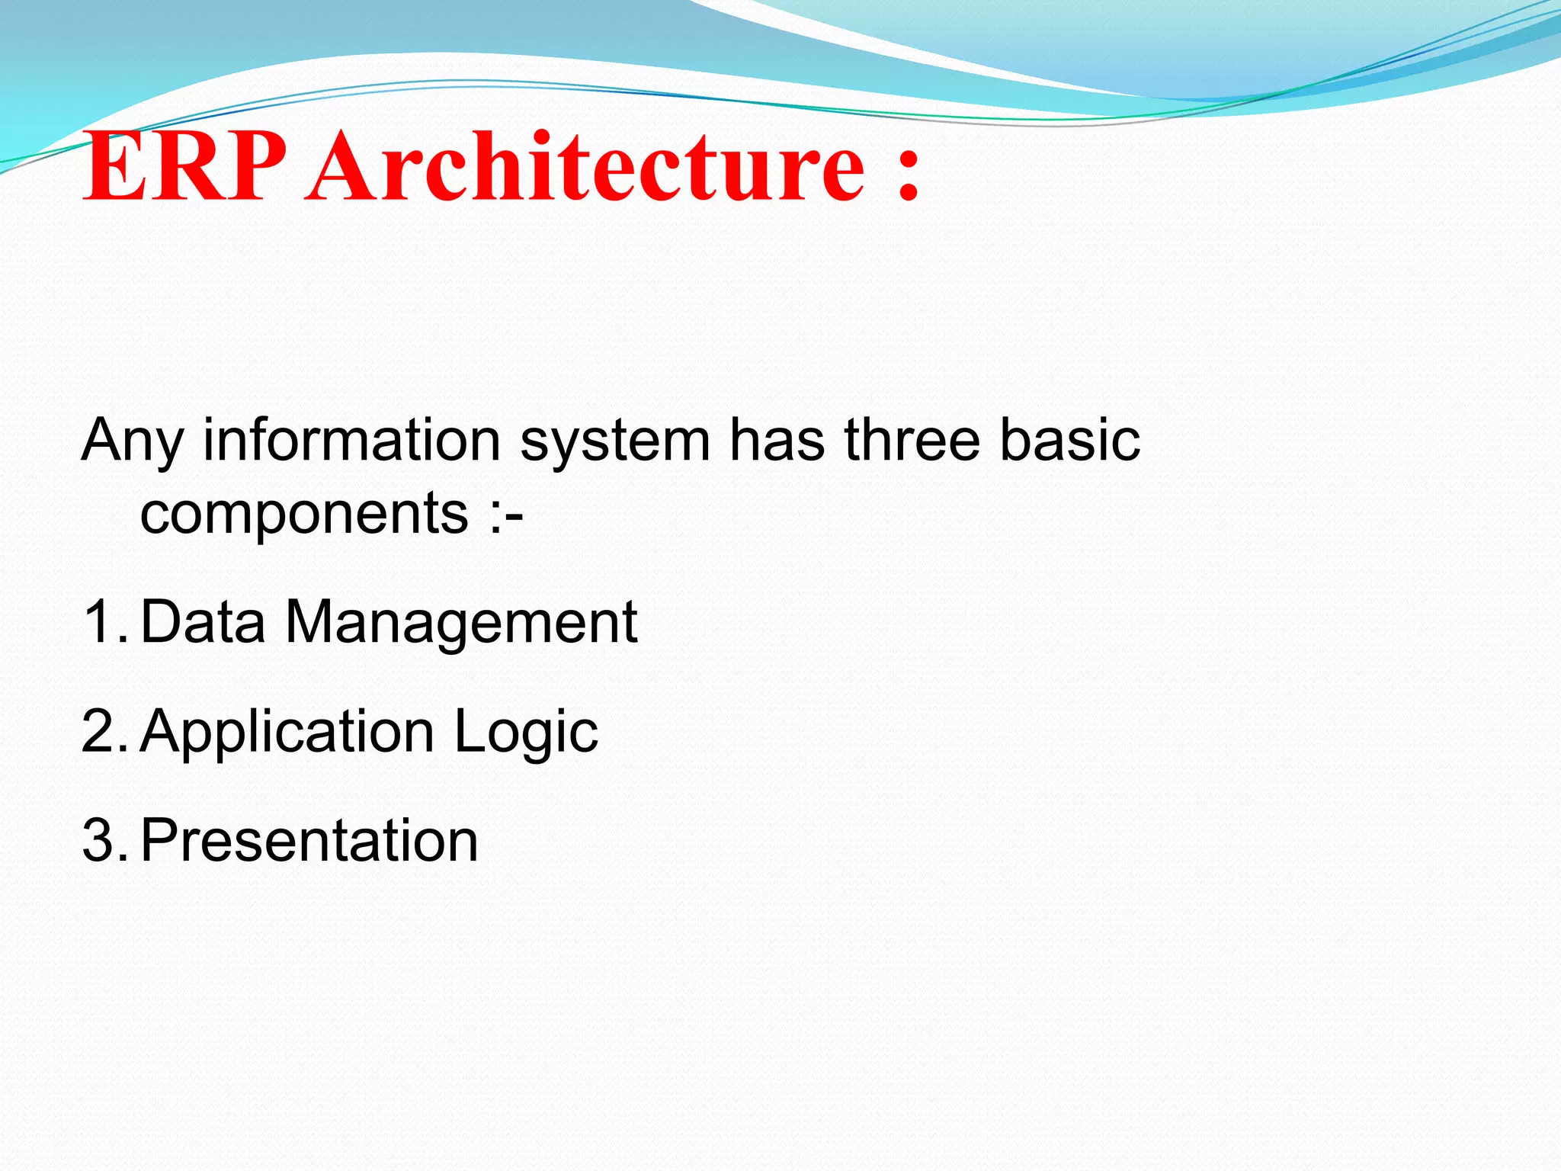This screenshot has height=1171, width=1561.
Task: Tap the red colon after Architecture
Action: pyautogui.click(x=908, y=175)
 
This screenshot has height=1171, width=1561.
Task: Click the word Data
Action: pyautogui.click(x=203, y=622)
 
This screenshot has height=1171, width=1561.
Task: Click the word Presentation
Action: pyautogui.click(x=309, y=841)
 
